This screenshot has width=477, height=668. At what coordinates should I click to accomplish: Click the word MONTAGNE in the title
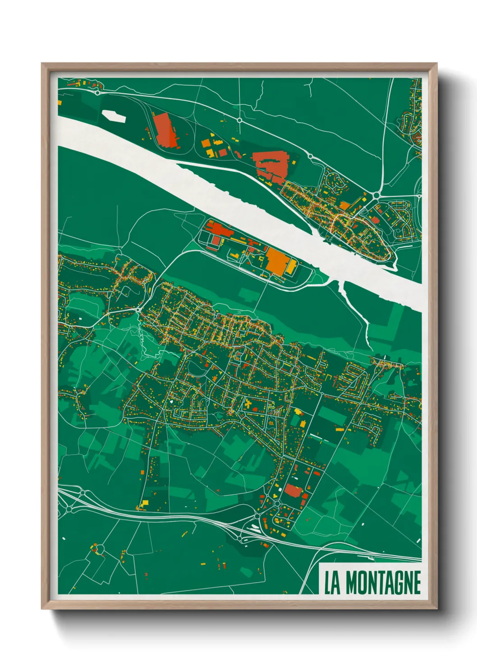click(383, 583)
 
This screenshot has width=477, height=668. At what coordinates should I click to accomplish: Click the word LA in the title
click(332, 583)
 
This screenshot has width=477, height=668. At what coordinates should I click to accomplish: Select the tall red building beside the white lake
click(165, 130)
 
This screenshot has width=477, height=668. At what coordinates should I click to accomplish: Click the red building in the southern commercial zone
click(294, 491)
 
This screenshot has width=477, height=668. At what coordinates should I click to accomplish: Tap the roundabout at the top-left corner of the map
click(97, 93)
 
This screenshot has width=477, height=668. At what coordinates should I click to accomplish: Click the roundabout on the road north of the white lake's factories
click(239, 121)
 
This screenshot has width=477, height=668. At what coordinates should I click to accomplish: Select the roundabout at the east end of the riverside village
click(376, 195)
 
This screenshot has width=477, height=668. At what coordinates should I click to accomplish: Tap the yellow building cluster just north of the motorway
click(143, 504)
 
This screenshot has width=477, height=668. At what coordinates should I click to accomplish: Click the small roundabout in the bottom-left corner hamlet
click(99, 549)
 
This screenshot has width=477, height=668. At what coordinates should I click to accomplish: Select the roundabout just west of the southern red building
click(276, 503)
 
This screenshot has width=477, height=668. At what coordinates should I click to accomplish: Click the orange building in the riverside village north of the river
click(344, 206)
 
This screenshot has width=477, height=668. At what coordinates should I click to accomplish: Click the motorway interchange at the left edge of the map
click(69, 508)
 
